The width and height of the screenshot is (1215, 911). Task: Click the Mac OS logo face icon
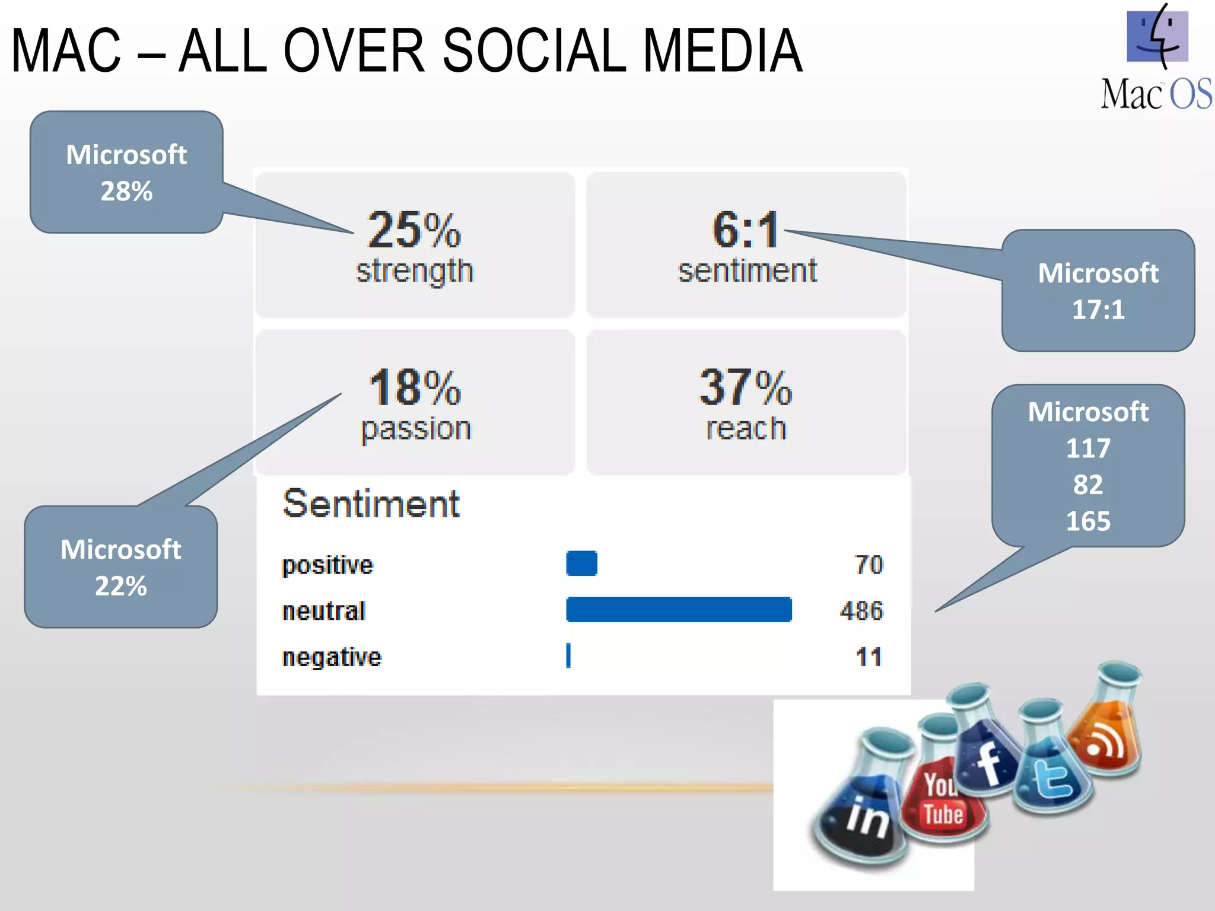[1157, 37]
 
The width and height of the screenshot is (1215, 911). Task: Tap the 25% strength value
[414, 230]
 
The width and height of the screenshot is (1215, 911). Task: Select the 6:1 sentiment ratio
[745, 230]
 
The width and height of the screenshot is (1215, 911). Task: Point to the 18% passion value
[414, 388]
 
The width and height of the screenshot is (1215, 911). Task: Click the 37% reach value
[745, 388]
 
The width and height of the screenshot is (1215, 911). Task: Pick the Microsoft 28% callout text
[126, 173]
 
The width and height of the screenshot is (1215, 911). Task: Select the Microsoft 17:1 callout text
[1098, 291]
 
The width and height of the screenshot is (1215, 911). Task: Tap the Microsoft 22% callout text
[121, 568]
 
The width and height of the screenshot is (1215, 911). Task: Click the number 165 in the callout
[1088, 521]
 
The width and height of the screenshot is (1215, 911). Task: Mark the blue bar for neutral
[679, 610]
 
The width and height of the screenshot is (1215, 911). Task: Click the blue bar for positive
[581, 563]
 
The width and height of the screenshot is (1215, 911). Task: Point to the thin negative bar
[568, 656]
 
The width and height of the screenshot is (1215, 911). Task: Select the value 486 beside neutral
[861, 611]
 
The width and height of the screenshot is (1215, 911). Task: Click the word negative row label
[332, 658]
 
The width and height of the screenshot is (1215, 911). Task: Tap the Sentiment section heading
[371, 504]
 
